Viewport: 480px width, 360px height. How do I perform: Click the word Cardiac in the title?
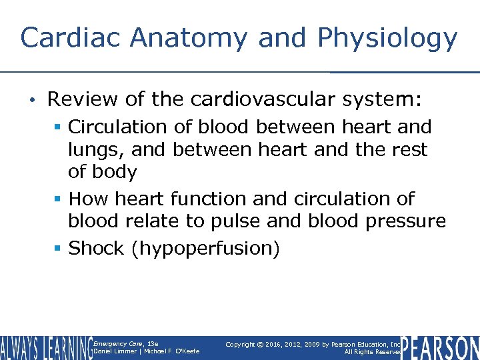click(x=71, y=38)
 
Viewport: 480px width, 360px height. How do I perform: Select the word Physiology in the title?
click(x=387, y=38)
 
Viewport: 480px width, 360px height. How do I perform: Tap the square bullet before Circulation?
click(x=59, y=127)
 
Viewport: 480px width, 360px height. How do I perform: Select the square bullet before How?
click(x=59, y=199)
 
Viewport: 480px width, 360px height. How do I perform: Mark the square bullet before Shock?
click(x=59, y=249)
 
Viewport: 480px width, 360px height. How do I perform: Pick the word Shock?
click(x=97, y=249)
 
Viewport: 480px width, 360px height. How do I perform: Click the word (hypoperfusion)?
click(x=206, y=249)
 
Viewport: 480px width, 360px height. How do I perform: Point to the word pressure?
click(x=409, y=221)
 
